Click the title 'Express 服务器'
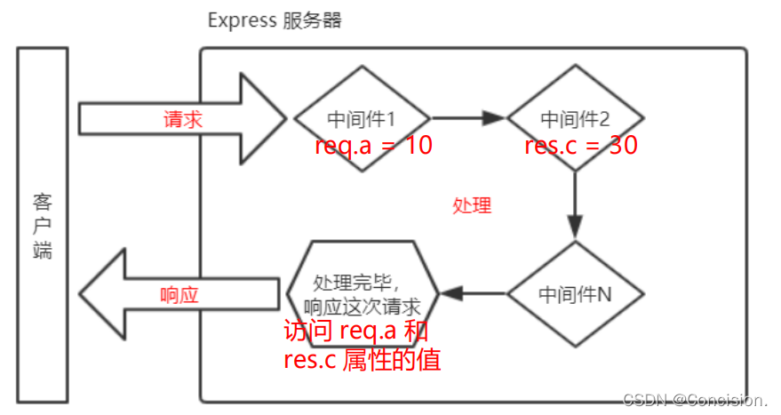pos(275,20)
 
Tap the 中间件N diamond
pos(575,294)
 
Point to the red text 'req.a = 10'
pos(373,145)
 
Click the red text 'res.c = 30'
pos(581,145)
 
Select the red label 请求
pos(183,119)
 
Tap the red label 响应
pos(179,294)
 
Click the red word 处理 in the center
pos(472,205)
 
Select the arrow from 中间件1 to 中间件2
pos(467,117)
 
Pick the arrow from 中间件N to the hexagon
pos(473,292)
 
